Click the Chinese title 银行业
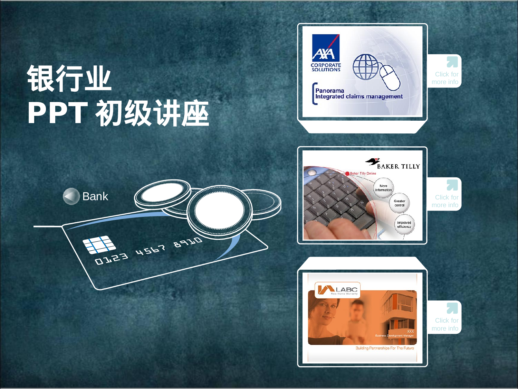click(x=69, y=78)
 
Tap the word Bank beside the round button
click(x=95, y=196)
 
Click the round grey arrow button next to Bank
click(x=71, y=196)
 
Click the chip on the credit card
click(x=99, y=244)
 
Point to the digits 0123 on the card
click(x=111, y=258)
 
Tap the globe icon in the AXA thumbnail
click(x=365, y=67)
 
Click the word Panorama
click(x=329, y=91)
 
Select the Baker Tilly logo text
click(x=398, y=166)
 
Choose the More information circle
click(x=383, y=188)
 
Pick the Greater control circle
click(x=400, y=203)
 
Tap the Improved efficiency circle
click(x=404, y=225)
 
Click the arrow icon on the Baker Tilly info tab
click(x=452, y=185)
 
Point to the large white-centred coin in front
click(x=219, y=211)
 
